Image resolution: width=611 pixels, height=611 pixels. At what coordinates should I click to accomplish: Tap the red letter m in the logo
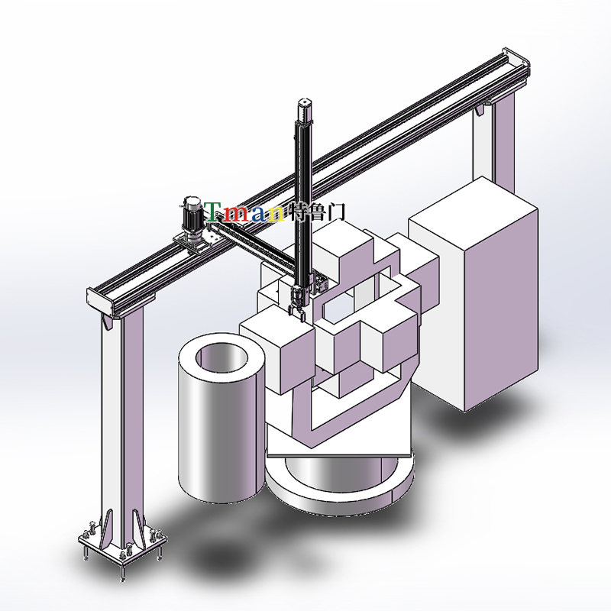(236, 214)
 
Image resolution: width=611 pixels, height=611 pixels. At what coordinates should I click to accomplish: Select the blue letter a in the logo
(259, 214)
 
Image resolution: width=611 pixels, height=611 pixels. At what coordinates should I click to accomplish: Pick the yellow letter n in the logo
(276, 214)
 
